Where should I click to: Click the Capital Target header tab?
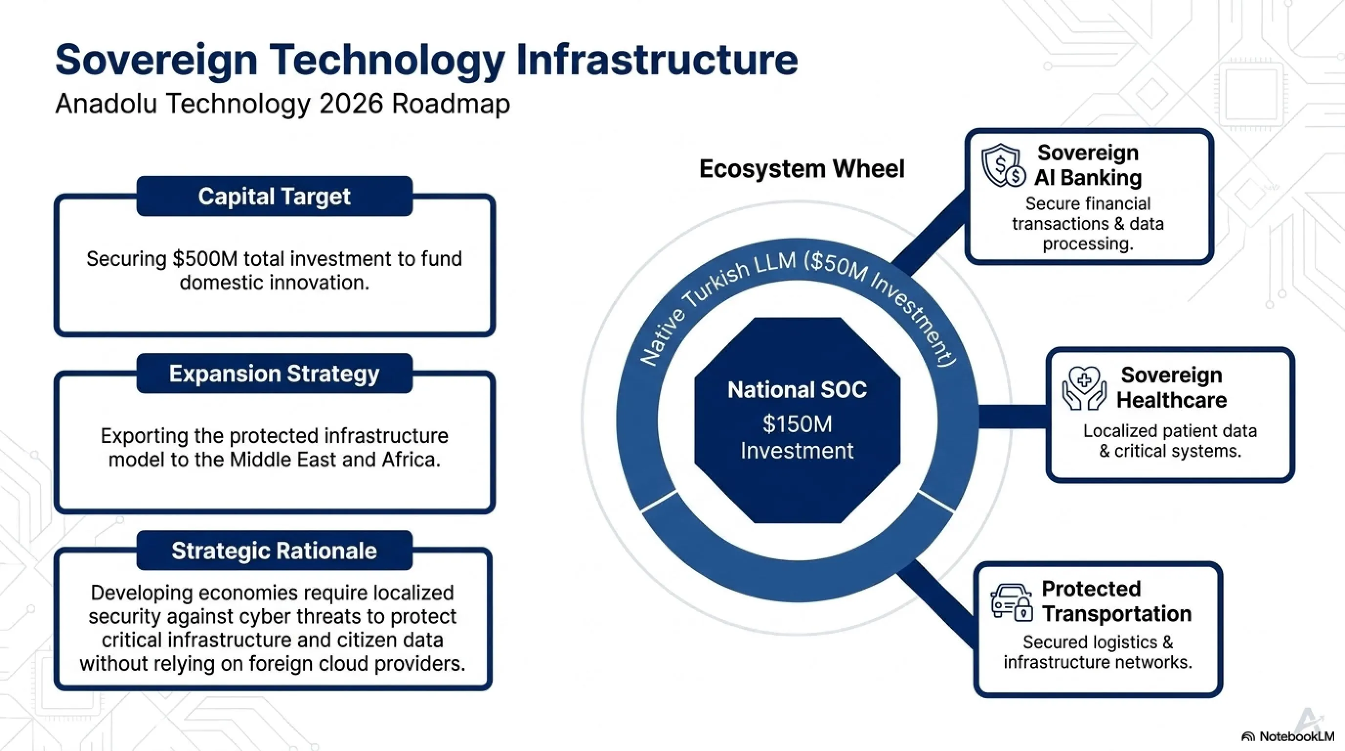click(274, 196)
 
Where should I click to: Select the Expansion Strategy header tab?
click(274, 374)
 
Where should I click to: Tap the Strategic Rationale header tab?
click(274, 551)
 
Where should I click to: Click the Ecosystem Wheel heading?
click(802, 169)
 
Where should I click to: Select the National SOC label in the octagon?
click(797, 390)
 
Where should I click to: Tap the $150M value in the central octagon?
click(797, 423)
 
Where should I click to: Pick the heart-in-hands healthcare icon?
click(1084, 388)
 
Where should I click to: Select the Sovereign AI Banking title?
click(1088, 165)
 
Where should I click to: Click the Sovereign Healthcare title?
click(1171, 388)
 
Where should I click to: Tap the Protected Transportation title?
click(1116, 601)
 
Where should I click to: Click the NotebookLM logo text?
click(1297, 736)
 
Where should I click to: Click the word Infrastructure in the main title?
click(657, 60)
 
